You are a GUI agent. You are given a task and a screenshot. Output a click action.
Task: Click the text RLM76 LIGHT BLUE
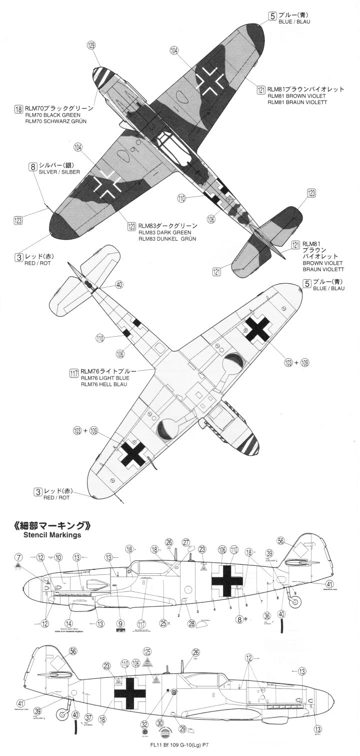105,378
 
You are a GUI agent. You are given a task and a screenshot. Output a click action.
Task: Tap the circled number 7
18,557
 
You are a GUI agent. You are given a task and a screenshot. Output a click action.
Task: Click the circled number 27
186,542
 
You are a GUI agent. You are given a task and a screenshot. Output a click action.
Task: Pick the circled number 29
183,729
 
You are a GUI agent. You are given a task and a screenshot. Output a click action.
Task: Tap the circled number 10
58,557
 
